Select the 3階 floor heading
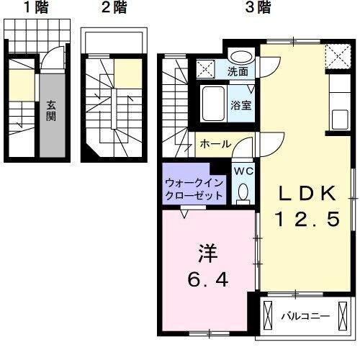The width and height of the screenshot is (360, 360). coord(257,9)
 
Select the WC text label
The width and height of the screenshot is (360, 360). coord(243,171)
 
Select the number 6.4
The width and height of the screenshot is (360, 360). coord(208,279)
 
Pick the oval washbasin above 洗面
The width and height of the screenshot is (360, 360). coord(240,55)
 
